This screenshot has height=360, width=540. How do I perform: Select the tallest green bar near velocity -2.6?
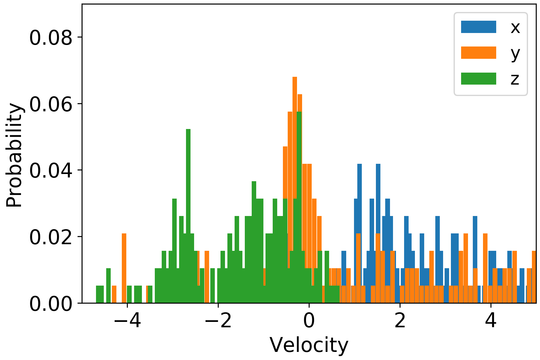pos(188,180)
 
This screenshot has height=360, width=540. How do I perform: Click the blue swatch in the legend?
pos(478,27)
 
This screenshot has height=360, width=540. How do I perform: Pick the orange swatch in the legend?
pos(478,53)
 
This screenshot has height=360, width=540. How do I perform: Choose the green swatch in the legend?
pos(478,79)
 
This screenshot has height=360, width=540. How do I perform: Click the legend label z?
pos(515,79)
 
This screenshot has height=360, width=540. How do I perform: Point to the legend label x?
pos(515,28)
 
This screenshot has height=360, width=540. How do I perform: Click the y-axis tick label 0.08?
pos(51,38)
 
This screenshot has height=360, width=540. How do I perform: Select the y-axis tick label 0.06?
pos(51,104)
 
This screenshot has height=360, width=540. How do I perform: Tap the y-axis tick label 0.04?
pos(51,170)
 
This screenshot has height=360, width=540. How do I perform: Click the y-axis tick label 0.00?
pos(51,303)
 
